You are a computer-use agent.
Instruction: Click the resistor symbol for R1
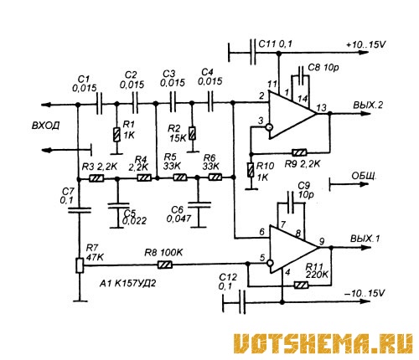(117, 135)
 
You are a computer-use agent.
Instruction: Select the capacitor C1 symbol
(99, 104)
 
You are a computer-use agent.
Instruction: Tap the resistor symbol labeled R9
(299, 152)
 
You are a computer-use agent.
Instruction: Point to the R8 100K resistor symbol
(165, 265)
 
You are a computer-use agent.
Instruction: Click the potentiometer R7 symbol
(80, 265)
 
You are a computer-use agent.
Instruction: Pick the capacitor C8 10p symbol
(301, 75)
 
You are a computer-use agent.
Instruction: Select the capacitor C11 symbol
(253, 52)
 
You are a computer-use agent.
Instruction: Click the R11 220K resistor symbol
(301, 285)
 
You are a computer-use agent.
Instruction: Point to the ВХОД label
(45, 126)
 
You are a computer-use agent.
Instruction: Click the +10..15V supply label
(366, 44)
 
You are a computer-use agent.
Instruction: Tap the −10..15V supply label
(365, 293)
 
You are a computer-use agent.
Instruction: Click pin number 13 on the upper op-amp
(322, 107)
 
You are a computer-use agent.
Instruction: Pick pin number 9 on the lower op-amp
(322, 241)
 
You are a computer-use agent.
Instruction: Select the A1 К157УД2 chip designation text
(128, 284)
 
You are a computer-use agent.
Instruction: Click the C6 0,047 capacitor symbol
(199, 205)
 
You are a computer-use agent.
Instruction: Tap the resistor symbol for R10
(251, 170)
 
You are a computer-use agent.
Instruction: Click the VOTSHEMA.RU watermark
(323, 344)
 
